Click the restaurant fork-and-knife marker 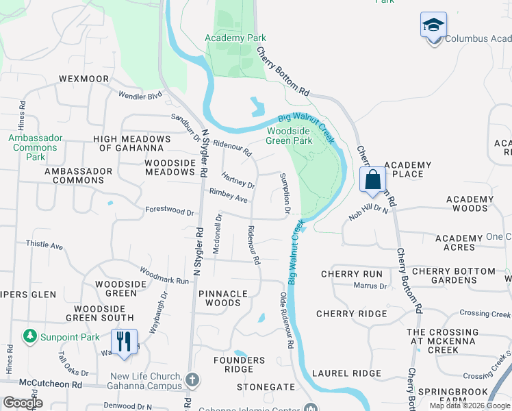124,341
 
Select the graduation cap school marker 433,25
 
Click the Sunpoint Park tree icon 29,336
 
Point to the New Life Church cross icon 193,379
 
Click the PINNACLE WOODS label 223,298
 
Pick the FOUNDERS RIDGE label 239,364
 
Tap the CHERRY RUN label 352,274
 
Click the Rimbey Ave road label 229,196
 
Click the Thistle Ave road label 44,245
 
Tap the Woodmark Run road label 164,275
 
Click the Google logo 22,403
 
